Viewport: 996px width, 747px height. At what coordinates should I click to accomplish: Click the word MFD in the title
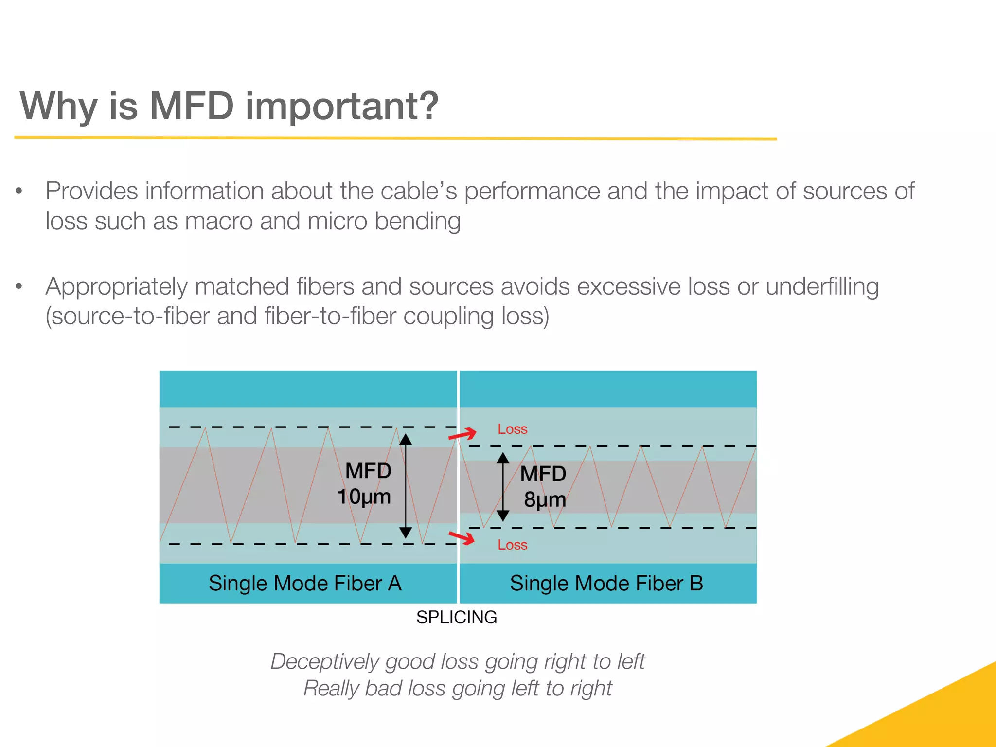coord(192,106)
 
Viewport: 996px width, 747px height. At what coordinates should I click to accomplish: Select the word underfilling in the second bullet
coord(822,286)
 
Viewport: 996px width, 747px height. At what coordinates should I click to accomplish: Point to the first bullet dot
coord(19,191)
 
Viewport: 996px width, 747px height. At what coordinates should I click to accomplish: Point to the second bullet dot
coord(19,286)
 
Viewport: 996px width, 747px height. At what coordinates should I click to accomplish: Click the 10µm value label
coord(364,497)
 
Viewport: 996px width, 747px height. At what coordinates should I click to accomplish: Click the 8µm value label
coord(545,499)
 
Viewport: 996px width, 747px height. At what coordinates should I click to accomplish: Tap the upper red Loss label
coord(512,429)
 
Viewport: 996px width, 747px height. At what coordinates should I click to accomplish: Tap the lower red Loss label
coord(512,545)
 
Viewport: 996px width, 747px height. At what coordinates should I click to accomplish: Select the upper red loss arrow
coord(462,434)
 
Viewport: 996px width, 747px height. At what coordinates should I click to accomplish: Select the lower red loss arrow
coord(462,537)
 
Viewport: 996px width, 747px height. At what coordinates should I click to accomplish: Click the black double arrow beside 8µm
coord(503,486)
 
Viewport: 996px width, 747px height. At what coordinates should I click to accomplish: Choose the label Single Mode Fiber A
coord(305,583)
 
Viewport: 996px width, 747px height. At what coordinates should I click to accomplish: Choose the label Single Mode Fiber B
coord(606,583)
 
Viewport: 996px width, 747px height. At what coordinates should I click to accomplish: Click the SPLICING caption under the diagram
coord(456,617)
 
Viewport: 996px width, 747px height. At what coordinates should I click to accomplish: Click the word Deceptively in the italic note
coord(324,662)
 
